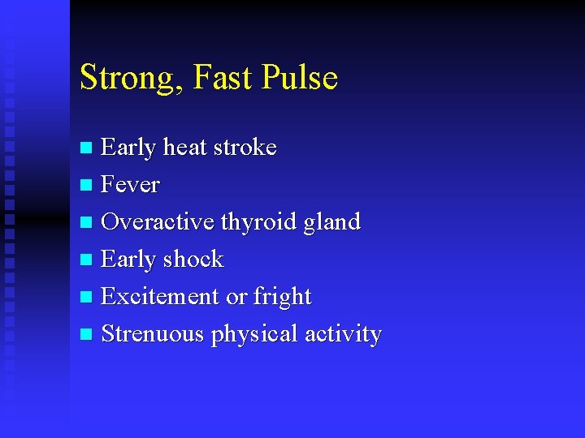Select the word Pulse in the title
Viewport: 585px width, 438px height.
(x=300, y=78)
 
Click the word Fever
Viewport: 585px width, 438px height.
(x=130, y=185)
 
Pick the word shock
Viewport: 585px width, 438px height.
(x=193, y=259)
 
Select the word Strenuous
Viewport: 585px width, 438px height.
(x=153, y=333)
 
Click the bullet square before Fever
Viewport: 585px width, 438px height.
(x=88, y=186)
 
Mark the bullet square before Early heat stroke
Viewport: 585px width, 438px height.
(x=88, y=148)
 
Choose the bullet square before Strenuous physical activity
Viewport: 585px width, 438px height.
(x=88, y=334)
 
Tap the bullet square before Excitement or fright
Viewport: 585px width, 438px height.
(x=88, y=297)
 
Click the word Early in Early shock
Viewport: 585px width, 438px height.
(x=129, y=260)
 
